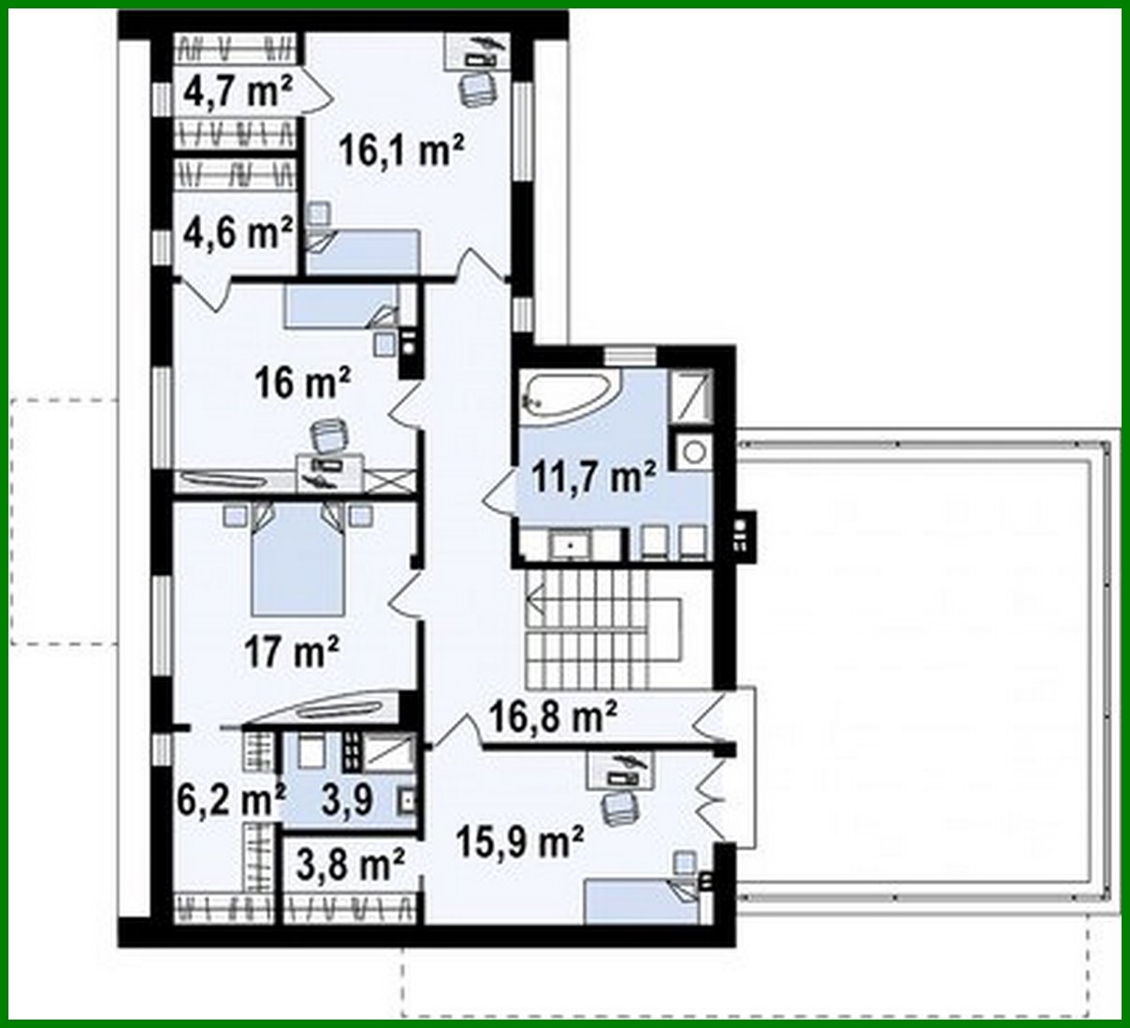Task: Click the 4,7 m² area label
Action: pyautogui.click(x=239, y=92)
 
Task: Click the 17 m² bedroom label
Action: pyautogui.click(x=291, y=651)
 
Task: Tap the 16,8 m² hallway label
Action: pyautogui.click(x=553, y=717)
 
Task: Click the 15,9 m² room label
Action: pyautogui.click(x=520, y=841)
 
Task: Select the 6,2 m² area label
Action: pyautogui.click(x=230, y=800)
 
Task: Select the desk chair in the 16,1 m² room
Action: pyautogui.click(x=477, y=91)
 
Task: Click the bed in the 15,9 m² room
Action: pyautogui.click(x=641, y=903)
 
